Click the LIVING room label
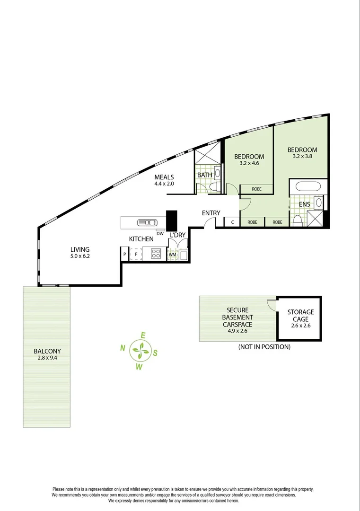tap(80, 249)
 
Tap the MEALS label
tap(164, 177)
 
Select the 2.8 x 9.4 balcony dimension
tap(47, 358)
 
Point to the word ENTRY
tap(211, 213)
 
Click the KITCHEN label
tap(141, 239)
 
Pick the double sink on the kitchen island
tap(147, 222)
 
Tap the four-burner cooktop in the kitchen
tap(156, 254)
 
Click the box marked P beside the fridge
tap(125, 255)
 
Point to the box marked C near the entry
tap(232, 222)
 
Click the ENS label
tap(304, 204)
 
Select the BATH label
tap(205, 175)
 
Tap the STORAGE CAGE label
tap(300, 315)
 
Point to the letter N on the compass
tap(122, 349)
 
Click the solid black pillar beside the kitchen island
tap(171, 220)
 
